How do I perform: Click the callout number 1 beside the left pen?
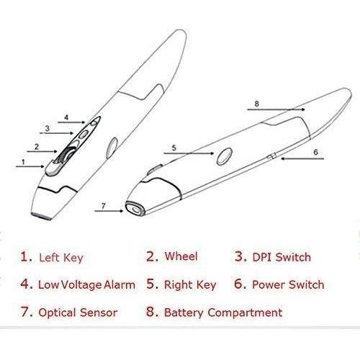click(23, 162)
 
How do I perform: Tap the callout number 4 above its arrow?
click(66, 117)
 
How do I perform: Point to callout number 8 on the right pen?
click(257, 104)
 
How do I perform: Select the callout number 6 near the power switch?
click(315, 152)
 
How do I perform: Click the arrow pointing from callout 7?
click(109, 211)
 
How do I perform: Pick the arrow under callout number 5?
click(189, 153)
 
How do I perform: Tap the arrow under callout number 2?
click(42, 151)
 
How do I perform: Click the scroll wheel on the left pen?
click(64, 156)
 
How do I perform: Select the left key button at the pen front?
click(53, 168)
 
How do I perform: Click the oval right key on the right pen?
click(225, 156)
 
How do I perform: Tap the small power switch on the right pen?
click(272, 156)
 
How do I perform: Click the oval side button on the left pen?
click(112, 148)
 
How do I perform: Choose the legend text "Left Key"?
click(61, 258)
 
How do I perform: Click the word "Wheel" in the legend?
click(181, 256)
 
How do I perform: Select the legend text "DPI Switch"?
click(282, 257)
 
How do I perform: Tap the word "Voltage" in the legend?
click(81, 285)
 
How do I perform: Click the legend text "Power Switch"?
click(288, 284)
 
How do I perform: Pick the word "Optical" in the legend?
click(57, 312)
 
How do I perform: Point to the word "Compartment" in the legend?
click(245, 312)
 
